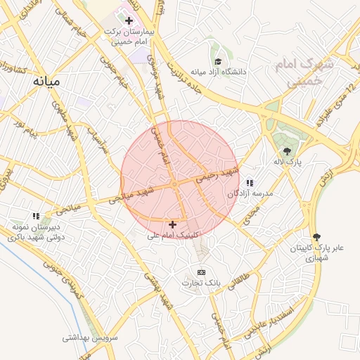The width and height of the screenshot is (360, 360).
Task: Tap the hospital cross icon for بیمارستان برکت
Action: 129,21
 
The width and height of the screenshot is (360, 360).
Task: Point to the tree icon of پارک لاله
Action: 286,150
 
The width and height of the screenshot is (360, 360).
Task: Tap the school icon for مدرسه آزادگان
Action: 250,183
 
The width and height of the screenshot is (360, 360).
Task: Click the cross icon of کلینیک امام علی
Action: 172,224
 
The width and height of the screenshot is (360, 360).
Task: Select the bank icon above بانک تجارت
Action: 202,272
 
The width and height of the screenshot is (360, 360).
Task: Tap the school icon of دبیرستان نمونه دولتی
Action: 36,216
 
